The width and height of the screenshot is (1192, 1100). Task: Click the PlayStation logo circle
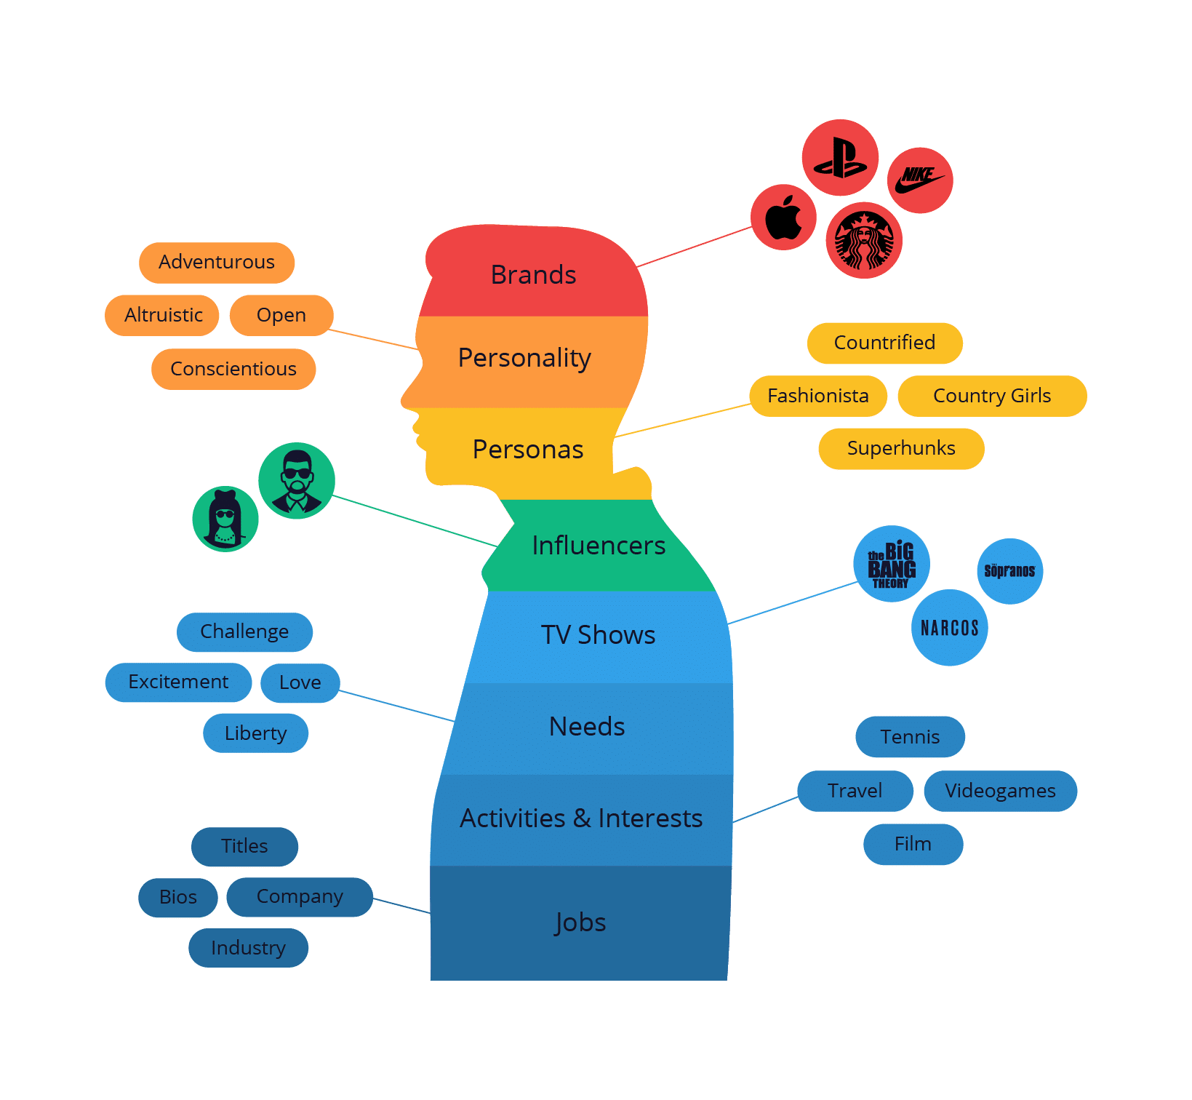[x=840, y=157]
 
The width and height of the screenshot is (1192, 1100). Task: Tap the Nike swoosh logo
[x=920, y=180]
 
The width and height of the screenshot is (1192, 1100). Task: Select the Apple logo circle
[x=783, y=218]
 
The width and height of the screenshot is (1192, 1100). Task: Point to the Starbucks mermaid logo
[x=864, y=240]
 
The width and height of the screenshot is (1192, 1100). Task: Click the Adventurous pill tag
[x=217, y=263]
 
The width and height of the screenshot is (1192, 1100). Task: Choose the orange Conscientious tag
[x=233, y=370]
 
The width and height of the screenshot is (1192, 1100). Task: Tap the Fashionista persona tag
[x=818, y=396]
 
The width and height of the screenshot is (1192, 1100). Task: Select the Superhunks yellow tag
[x=901, y=449]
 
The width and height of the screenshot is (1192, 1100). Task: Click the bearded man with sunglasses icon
[x=297, y=480]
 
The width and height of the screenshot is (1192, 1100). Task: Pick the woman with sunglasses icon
[x=225, y=519]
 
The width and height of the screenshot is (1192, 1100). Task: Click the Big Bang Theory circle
[x=892, y=564]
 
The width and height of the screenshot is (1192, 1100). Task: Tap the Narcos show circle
[x=950, y=627]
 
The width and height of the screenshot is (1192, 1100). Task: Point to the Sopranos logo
[x=1010, y=571]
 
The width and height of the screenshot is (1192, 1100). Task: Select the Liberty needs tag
[x=255, y=733]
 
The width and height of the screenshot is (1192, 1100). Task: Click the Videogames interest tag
[x=1000, y=791]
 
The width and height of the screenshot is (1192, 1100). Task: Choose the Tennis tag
[x=911, y=737]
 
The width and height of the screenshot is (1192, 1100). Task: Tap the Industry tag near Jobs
[x=248, y=948]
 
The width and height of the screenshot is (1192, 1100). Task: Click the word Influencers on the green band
[x=599, y=546]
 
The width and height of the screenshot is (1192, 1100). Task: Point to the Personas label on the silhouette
[x=528, y=450]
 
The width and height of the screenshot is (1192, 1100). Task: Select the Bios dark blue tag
[x=178, y=898]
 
